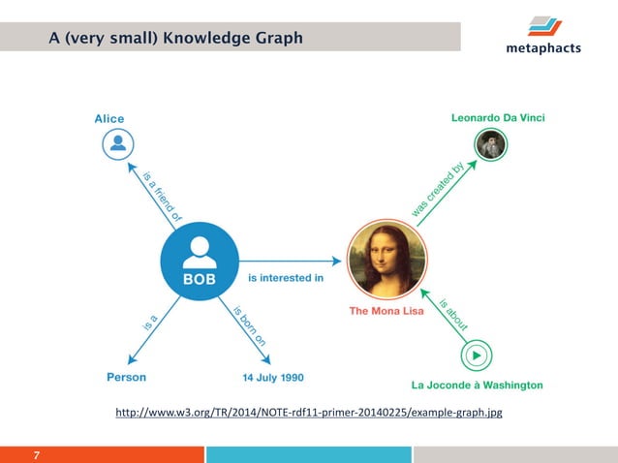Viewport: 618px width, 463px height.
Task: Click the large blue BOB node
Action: [200, 261]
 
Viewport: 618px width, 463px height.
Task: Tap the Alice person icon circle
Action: [117, 145]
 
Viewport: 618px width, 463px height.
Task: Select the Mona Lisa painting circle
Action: [386, 261]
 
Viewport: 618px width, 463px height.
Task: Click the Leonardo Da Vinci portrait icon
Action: [490, 145]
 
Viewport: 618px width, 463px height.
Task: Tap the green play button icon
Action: [476, 355]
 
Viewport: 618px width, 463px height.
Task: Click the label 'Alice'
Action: [108, 119]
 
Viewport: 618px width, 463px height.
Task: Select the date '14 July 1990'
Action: [272, 377]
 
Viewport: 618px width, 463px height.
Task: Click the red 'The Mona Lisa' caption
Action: [386, 312]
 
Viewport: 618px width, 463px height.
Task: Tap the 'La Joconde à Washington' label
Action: [477, 385]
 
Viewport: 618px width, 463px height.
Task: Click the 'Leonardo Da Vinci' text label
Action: [498, 118]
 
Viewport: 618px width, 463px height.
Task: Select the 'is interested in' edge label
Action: [286, 279]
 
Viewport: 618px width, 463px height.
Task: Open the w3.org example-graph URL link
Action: [308, 414]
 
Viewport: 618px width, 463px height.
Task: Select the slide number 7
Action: [36, 454]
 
